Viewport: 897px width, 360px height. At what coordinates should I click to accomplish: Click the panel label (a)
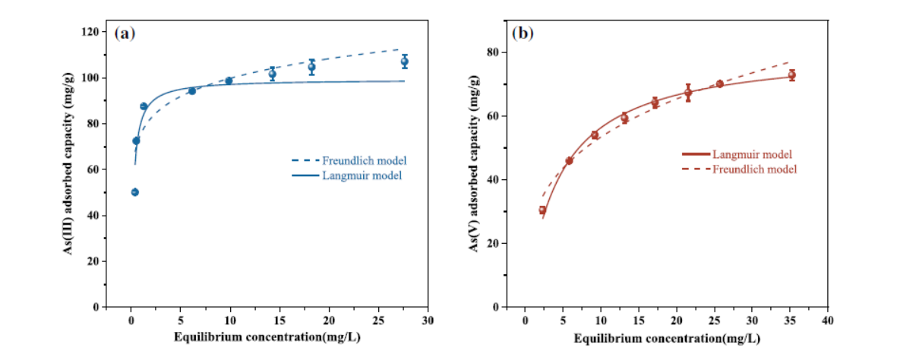[125, 33]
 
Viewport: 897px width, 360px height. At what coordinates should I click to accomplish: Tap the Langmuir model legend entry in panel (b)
[752, 154]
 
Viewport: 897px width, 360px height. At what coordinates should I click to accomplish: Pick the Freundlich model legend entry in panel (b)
[753, 169]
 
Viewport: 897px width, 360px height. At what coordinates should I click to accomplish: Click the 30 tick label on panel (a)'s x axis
[428, 320]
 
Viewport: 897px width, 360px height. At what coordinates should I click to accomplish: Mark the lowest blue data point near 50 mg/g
[135, 192]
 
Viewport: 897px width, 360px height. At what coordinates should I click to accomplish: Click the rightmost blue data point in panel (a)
[405, 62]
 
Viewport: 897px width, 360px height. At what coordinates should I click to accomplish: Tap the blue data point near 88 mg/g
[144, 106]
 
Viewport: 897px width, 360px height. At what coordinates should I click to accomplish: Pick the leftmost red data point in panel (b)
[542, 210]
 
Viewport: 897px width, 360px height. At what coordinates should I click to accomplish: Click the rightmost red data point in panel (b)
[791, 75]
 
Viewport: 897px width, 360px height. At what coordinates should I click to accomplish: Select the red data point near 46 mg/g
[569, 161]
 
